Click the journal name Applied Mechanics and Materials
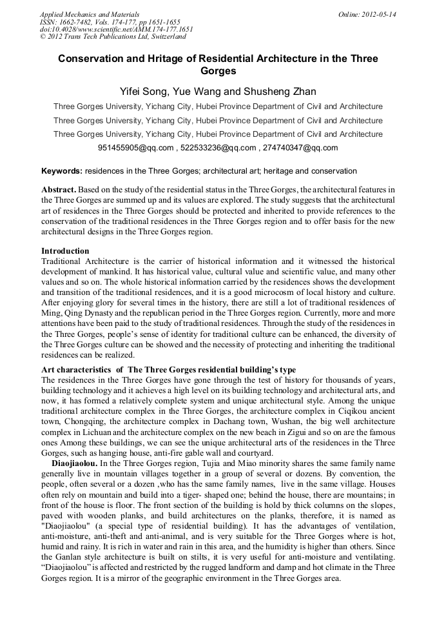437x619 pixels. tap(89, 14)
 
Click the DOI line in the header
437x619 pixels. tap(116, 29)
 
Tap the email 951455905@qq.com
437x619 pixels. tap(136, 148)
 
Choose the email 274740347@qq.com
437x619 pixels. tap(300, 148)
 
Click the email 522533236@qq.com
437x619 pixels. tap(218, 148)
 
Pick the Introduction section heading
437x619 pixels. tap(65, 250)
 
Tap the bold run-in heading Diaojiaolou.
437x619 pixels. tap(74, 463)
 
